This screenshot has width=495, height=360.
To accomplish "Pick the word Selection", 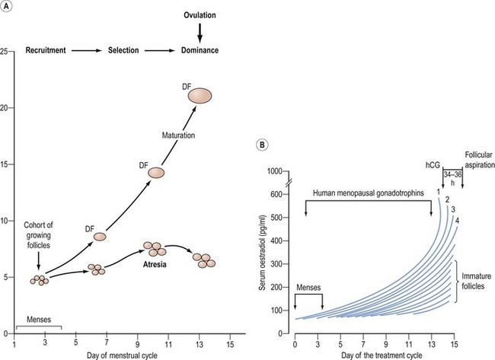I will pos(120,50).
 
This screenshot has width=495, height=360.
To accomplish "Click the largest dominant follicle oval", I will pos(200,96).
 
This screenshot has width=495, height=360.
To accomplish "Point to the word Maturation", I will pos(179,136).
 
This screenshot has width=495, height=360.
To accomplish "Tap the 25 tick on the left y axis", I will pos(5,51).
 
